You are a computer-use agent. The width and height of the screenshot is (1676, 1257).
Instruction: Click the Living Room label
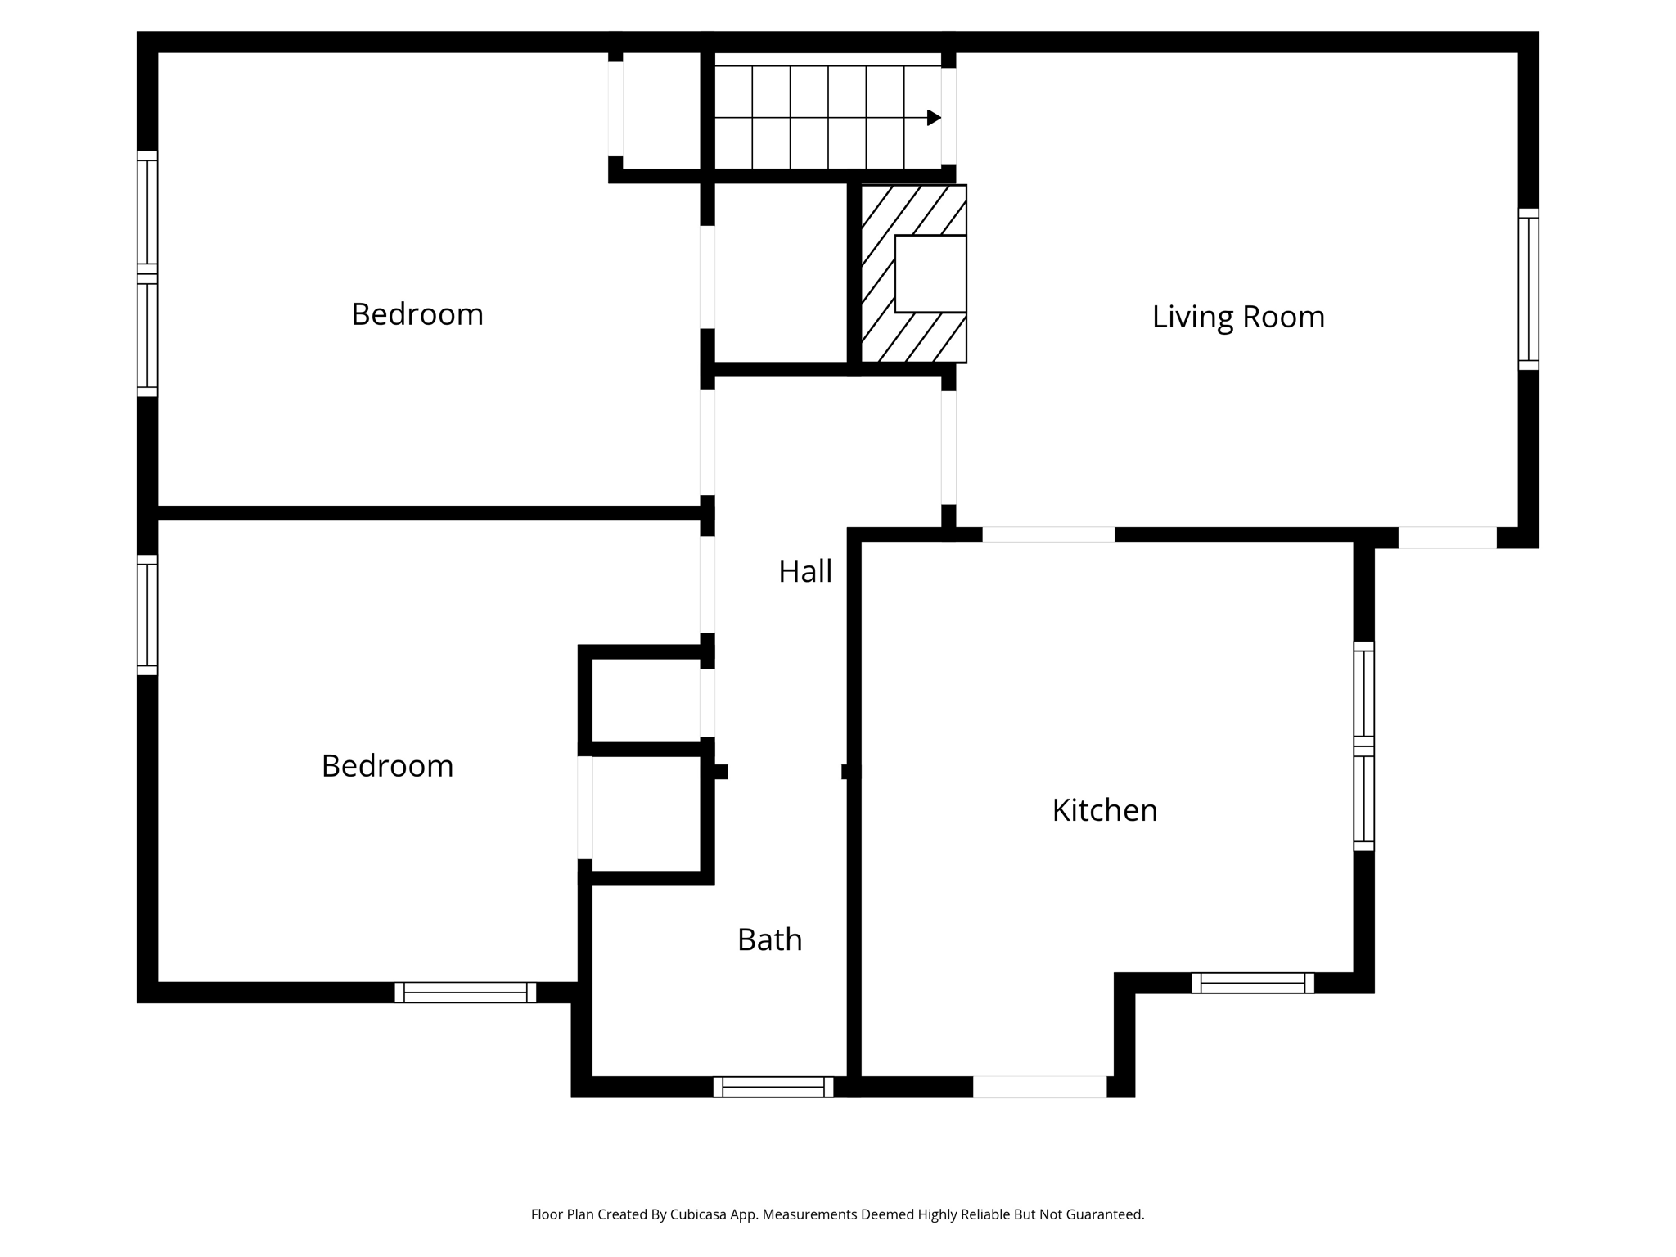(x=1237, y=317)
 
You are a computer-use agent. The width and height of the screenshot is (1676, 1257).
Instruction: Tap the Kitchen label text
(x=1104, y=810)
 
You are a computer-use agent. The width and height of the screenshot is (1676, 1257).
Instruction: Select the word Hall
(x=804, y=571)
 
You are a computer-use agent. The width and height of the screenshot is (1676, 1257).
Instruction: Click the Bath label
(x=769, y=939)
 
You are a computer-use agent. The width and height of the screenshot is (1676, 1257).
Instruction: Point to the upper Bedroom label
(x=417, y=314)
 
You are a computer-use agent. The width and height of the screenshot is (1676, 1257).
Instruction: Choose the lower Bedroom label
(x=387, y=766)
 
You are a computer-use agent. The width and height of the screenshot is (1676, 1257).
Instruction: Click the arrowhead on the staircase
(x=934, y=118)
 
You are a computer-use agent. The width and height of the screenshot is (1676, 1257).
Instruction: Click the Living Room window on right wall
(x=1528, y=289)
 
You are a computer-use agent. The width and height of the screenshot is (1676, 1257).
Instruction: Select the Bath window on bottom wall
(x=773, y=1087)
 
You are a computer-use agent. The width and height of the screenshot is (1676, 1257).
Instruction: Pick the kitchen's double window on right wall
(x=1363, y=746)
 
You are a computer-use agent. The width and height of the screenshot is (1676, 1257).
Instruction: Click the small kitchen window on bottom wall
(x=1252, y=983)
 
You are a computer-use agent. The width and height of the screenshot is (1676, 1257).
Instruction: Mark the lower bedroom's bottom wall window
(x=465, y=993)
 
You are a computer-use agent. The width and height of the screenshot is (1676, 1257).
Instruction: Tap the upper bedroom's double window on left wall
(x=147, y=273)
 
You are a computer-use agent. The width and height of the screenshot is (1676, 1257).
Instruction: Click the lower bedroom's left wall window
(x=147, y=615)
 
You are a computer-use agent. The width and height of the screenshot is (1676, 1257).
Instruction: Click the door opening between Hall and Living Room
(x=948, y=448)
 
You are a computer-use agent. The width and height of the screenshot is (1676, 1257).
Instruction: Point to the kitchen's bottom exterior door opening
(x=1039, y=1087)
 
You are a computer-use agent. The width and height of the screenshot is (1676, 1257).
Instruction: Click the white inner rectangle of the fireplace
(x=930, y=274)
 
